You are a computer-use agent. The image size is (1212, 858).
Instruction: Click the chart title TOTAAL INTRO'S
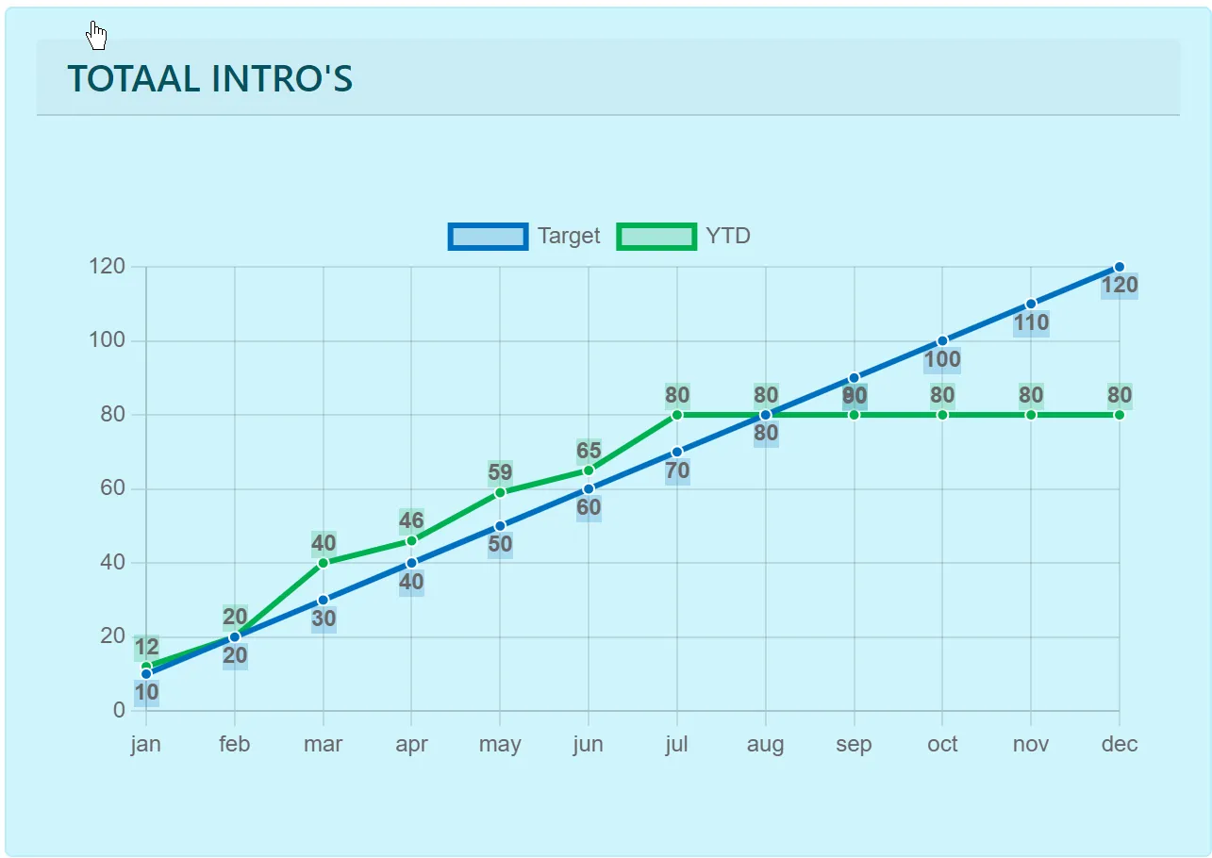(x=209, y=79)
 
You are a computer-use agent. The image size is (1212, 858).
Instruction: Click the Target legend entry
(x=524, y=236)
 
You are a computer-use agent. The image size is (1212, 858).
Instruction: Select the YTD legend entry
(x=684, y=236)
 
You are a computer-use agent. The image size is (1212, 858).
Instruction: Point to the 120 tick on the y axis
(x=107, y=267)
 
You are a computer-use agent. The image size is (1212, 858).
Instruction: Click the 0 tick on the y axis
(x=119, y=710)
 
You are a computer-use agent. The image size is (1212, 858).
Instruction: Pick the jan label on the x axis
(x=145, y=744)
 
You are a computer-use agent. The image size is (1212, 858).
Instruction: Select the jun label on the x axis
(x=589, y=744)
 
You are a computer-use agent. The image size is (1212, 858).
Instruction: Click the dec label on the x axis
(x=1120, y=744)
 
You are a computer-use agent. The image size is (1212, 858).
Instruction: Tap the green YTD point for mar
(x=324, y=563)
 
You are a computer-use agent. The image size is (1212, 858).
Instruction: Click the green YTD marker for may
(x=500, y=492)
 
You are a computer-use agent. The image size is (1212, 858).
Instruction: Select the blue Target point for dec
(x=1120, y=267)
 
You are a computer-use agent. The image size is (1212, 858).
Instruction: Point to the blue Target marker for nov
(x=1031, y=304)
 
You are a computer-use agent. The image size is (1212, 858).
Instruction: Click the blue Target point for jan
(x=146, y=673)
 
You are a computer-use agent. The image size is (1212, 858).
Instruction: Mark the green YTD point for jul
(x=677, y=415)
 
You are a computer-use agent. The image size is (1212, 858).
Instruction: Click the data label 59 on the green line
(x=500, y=471)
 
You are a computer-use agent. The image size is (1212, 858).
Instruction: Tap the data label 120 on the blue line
(x=1120, y=286)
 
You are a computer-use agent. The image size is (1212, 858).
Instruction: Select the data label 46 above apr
(x=411, y=520)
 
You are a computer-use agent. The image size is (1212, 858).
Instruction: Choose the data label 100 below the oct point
(x=942, y=359)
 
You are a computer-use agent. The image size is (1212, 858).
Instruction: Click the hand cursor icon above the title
(x=96, y=36)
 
